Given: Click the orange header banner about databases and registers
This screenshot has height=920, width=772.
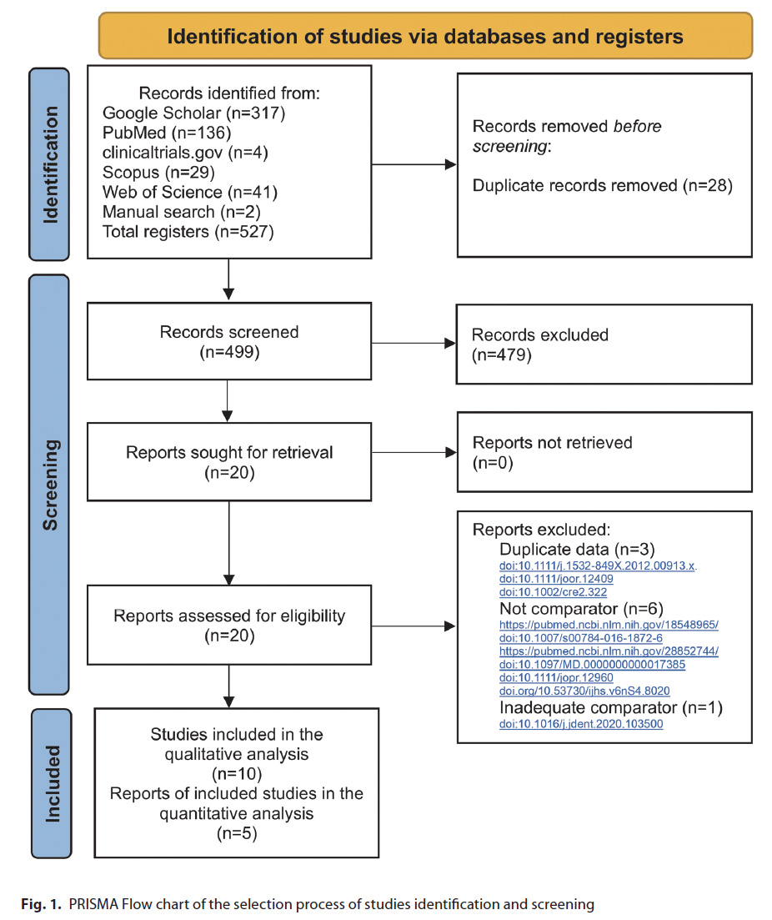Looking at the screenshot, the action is (x=425, y=36).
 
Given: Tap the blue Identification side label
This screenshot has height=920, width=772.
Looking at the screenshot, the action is (x=50, y=164).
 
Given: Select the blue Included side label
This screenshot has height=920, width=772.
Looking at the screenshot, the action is (x=53, y=783).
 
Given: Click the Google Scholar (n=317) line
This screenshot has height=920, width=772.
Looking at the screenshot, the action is (x=193, y=113).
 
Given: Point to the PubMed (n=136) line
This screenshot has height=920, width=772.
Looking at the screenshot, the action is (x=167, y=133).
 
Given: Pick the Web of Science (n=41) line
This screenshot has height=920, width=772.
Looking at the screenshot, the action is (x=189, y=192).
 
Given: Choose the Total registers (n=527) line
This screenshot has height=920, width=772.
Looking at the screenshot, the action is (x=188, y=232).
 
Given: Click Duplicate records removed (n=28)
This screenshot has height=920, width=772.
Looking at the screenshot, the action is (x=603, y=185).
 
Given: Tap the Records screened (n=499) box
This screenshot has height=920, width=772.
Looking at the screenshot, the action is (x=229, y=341).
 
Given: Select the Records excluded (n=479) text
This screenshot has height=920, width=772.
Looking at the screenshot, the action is (x=539, y=344).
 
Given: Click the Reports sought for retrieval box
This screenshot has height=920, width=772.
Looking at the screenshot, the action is (x=229, y=462).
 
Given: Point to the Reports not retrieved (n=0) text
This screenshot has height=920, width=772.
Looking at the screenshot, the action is (x=552, y=452).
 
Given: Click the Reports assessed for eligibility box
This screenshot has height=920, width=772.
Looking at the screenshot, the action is (x=229, y=625).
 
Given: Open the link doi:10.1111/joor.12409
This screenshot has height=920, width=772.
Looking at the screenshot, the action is (x=556, y=579).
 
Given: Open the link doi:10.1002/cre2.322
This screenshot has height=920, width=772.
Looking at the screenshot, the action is (x=553, y=592).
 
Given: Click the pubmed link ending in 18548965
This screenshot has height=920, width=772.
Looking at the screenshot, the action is (x=609, y=625).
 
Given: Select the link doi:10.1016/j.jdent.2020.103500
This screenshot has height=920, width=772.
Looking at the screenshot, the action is (x=581, y=724).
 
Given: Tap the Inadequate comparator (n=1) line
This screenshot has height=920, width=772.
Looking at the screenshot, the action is (x=610, y=707).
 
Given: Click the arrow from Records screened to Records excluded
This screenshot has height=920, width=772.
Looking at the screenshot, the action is (x=414, y=344).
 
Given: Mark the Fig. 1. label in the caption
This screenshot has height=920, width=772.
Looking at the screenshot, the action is (x=41, y=904).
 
